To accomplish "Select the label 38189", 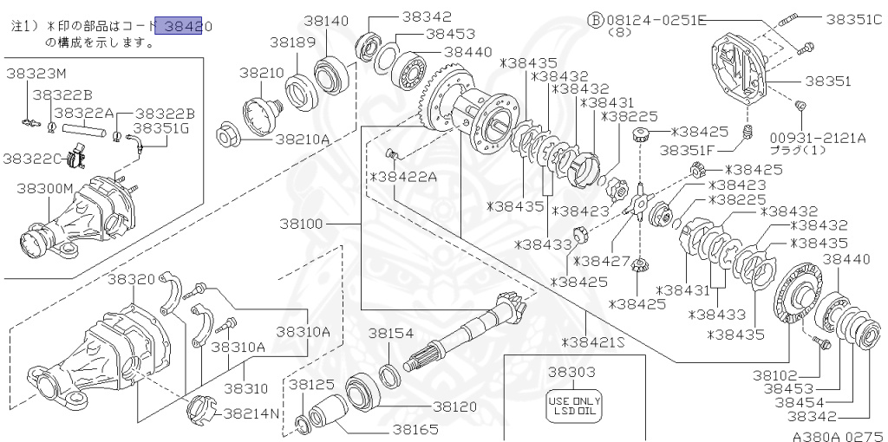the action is tap(291, 42).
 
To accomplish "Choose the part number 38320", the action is tap(132, 279).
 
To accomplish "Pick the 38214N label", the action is tap(251, 413).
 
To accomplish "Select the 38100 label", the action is tap(301, 224).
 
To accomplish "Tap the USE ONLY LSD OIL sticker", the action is tap(574, 406).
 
